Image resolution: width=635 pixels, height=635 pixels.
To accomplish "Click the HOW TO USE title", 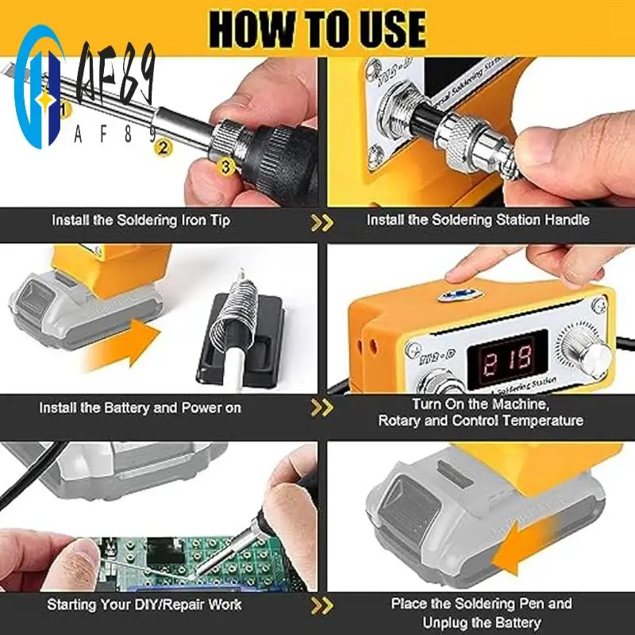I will pyautogui.click(x=317, y=28).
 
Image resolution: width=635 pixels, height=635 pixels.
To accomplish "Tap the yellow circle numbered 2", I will pyautogui.click(x=164, y=146).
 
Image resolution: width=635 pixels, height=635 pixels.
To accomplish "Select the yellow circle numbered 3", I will pyautogui.click(x=226, y=167).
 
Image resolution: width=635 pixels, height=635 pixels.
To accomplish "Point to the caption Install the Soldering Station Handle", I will pyautogui.click(x=478, y=220).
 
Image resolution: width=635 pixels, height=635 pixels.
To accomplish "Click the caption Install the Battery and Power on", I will pyautogui.click(x=140, y=408).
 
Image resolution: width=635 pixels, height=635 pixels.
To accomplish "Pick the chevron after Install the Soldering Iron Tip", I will pyautogui.click(x=321, y=221).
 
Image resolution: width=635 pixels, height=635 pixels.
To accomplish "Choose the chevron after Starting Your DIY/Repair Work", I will pyautogui.click(x=321, y=606).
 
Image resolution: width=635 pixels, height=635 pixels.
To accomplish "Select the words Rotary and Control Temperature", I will pyautogui.click(x=480, y=421).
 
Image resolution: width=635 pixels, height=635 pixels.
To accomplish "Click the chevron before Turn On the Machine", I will pyautogui.click(x=321, y=408).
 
